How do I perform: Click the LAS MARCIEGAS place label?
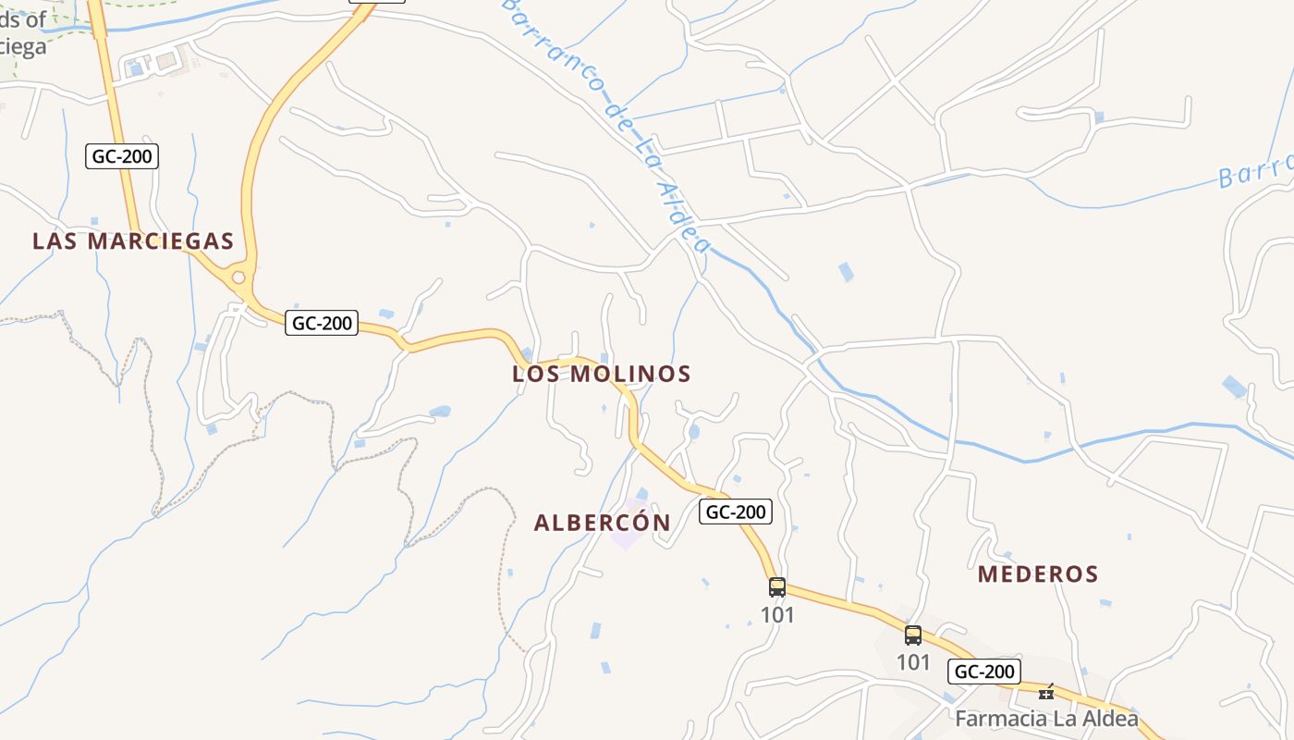[x=132, y=241]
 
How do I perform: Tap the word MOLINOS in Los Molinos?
[x=630, y=374]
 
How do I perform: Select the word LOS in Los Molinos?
[x=537, y=374]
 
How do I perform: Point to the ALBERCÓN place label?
[x=602, y=523]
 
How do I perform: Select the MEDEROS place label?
[x=1038, y=574]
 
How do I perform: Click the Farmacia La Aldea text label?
[x=1046, y=719]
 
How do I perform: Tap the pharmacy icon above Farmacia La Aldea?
[x=1046, y=691]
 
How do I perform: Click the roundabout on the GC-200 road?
[x=238, y=277]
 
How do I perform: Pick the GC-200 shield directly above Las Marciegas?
[x=123, y=156]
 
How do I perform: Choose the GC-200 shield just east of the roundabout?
[x=322, y=323]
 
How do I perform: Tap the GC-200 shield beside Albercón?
[x=735, y=512]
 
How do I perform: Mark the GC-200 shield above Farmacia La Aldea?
[x=983, y=672]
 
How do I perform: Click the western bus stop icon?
[x=777, y=586]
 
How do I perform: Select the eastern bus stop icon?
[x=913, y=635]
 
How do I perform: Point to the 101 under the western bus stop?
[x=777, y=614]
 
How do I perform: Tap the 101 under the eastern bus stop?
[x=913, y=662]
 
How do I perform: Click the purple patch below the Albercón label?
[x=629, y=536]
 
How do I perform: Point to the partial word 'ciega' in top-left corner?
[x=22, y=46]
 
